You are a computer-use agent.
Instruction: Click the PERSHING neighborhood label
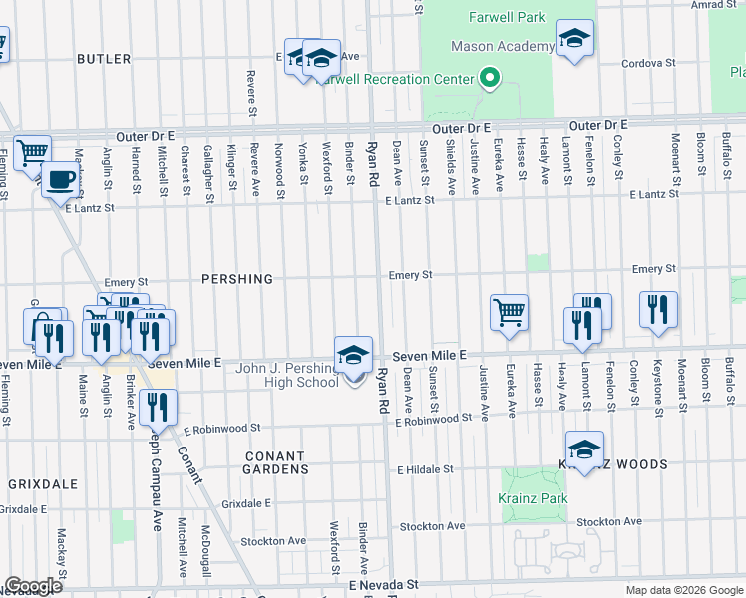(x=237, y=279)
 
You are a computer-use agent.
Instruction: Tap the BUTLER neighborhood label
(x=104, y=60)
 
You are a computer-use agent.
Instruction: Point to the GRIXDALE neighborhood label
(x=43, y=483)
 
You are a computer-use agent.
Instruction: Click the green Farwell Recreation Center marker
(x=489, y=78)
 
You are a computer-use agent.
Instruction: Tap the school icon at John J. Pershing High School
(x=353, y=355)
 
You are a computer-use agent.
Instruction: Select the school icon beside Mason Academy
(x=573, y=39)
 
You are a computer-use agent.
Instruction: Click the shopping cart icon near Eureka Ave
(x=509, y=311)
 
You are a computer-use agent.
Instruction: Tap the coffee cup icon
(x=63, y=179)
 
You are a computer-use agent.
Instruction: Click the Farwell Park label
(x=508, y=18)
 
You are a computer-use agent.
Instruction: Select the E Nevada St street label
(x=383, y=587)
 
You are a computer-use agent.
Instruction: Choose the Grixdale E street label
(x=246, y=504)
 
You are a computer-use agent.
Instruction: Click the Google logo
(x=32, y=586)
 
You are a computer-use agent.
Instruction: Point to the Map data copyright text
(x=683, y=590)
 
